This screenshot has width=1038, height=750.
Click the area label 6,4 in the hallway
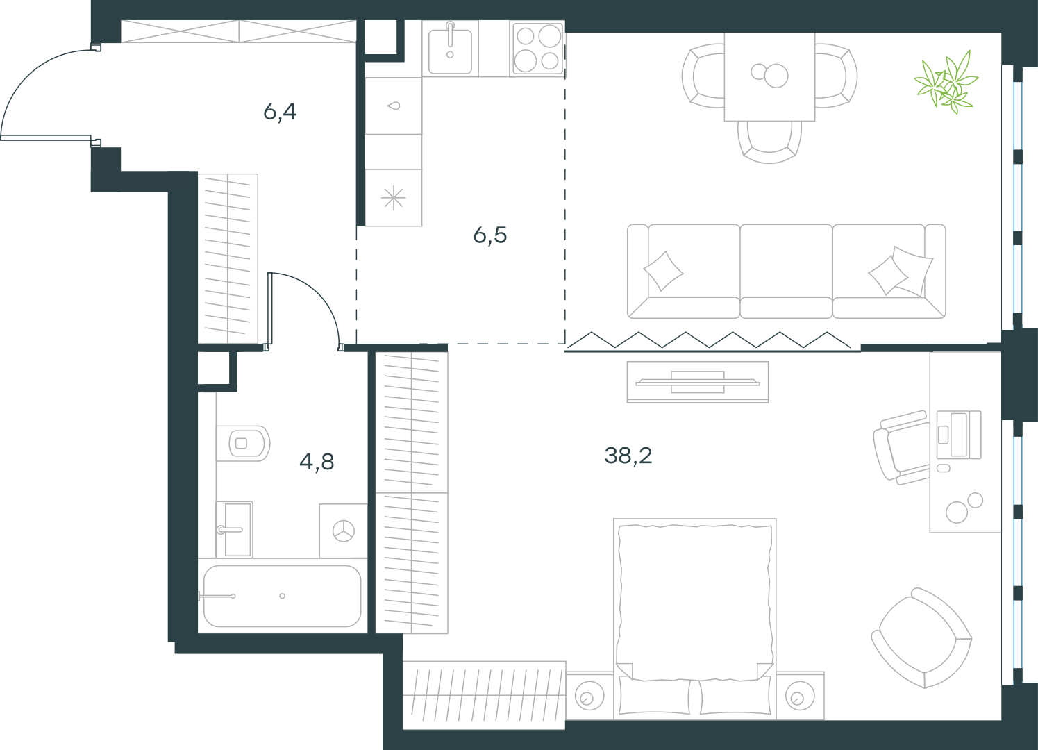280,112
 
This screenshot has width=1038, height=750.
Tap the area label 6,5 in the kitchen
489,235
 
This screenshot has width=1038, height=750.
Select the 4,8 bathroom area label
317,462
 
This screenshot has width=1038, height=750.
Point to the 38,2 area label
628,456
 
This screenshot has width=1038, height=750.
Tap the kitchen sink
450,49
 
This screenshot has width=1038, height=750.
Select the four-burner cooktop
537,48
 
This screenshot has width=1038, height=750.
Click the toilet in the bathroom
243,444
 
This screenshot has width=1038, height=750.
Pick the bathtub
282,596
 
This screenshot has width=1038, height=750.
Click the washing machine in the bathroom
344,531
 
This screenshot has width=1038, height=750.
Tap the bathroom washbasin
235,529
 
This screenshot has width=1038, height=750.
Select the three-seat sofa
787,271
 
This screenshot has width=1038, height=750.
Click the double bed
694,619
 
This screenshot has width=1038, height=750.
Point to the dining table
769,77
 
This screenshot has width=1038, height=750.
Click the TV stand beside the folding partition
697,382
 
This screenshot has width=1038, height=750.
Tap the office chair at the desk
901,448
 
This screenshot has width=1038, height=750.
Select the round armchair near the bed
921,639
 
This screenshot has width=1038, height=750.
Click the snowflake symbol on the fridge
394,199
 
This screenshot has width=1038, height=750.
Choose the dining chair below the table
769,142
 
